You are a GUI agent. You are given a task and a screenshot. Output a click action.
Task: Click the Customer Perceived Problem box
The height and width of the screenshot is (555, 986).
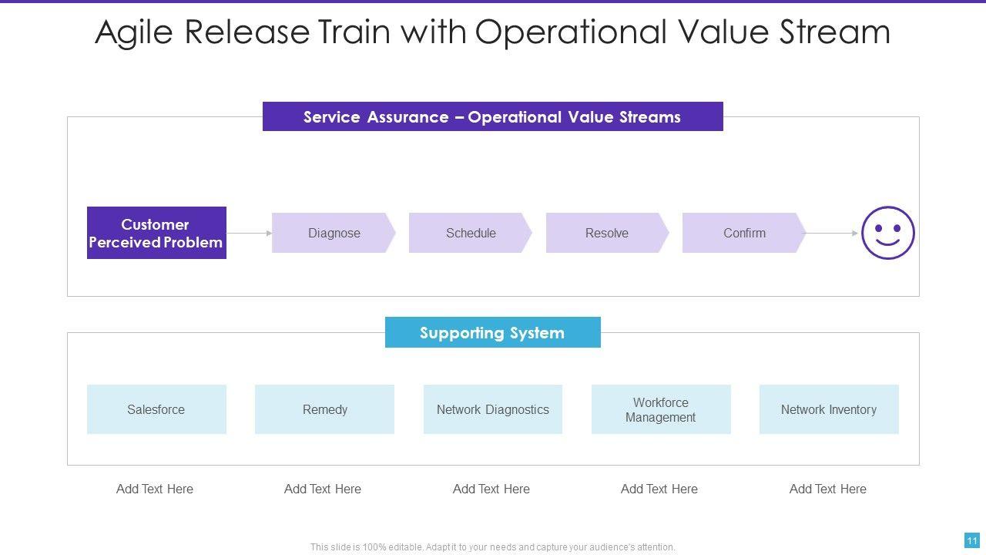point(156,233)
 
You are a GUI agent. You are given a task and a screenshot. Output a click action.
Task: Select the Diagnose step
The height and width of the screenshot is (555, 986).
point(334,233)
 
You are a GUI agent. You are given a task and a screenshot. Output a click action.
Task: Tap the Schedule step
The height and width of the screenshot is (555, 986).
point(470,233)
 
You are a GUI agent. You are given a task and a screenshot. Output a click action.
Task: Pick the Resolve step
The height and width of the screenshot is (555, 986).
point(607,233)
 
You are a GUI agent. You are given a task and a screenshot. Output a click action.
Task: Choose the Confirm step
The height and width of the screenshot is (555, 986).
point(744,233)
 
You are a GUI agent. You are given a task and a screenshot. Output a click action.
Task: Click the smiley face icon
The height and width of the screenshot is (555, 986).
point(887,233)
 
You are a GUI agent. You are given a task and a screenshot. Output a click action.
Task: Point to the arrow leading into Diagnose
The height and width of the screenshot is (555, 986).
point(249,233)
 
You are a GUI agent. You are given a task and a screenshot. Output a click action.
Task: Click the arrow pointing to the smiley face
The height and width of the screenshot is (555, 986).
point(832,233)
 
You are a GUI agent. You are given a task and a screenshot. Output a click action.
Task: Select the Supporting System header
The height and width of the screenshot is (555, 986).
point(492,333)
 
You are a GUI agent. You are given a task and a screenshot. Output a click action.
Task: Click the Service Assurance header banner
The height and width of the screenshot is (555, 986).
point(492,117)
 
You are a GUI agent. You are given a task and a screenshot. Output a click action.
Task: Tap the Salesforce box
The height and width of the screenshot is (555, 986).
point(156,409)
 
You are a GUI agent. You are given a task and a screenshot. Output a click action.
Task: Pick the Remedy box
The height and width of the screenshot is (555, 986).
point(324,409)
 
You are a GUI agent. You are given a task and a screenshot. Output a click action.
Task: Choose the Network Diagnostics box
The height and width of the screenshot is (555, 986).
point(493,409)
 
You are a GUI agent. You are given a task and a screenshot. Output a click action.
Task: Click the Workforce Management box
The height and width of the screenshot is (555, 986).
point(660,409)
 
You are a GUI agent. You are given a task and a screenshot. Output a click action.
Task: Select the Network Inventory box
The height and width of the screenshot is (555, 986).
point(829,409)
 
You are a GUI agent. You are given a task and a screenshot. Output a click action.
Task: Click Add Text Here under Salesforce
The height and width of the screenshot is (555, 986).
point(155,489)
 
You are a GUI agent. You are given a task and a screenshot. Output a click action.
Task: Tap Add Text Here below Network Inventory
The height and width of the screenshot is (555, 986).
point(828,489)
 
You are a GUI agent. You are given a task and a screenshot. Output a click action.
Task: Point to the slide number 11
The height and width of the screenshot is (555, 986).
point(971,540)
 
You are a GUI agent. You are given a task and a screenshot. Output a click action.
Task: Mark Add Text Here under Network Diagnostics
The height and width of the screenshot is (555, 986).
point(491,489)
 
